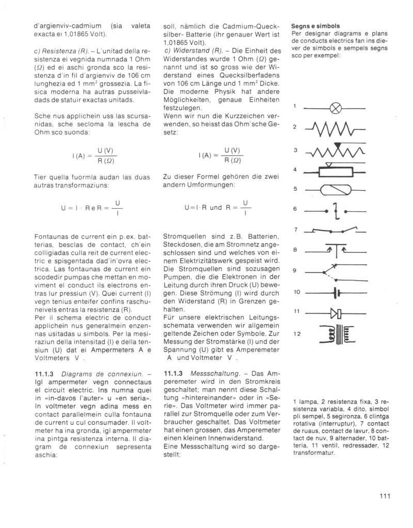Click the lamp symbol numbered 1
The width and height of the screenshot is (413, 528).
click(336, 109)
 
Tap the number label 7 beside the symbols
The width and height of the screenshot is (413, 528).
click(295, 229)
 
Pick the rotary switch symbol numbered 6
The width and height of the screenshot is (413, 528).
click(336, 210)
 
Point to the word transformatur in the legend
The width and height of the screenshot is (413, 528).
click(316, 453)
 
